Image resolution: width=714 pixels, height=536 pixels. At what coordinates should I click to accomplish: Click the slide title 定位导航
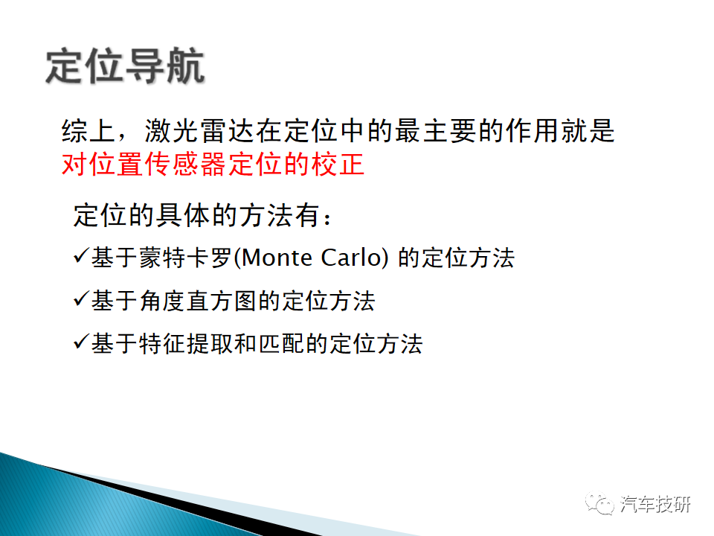point(125,66)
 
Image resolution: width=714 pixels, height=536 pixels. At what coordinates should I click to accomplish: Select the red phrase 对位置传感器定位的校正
point(213,164)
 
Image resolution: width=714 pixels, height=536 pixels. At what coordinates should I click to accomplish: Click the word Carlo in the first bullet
point(350,258)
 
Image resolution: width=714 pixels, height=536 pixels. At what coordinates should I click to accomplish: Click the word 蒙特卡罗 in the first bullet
point(186,258)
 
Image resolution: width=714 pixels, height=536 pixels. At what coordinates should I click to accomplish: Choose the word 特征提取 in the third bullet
point(186,344)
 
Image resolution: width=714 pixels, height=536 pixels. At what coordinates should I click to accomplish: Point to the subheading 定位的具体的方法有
point(196,215)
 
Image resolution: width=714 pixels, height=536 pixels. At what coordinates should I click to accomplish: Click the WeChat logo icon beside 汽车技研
point(599,504)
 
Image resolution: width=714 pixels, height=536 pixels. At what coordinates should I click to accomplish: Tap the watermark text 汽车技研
point(655,504)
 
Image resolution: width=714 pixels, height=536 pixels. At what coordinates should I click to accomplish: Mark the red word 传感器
point(186,164)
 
